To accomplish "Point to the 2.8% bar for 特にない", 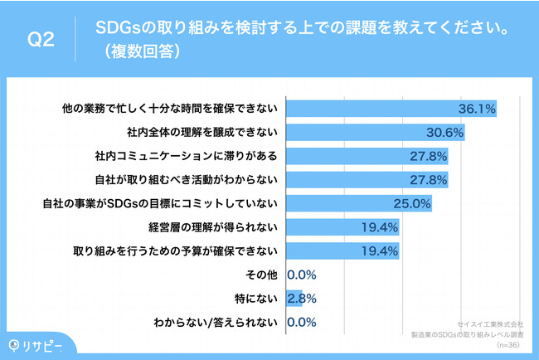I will pos(294,297).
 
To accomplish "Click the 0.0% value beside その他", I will pos(303,274).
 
